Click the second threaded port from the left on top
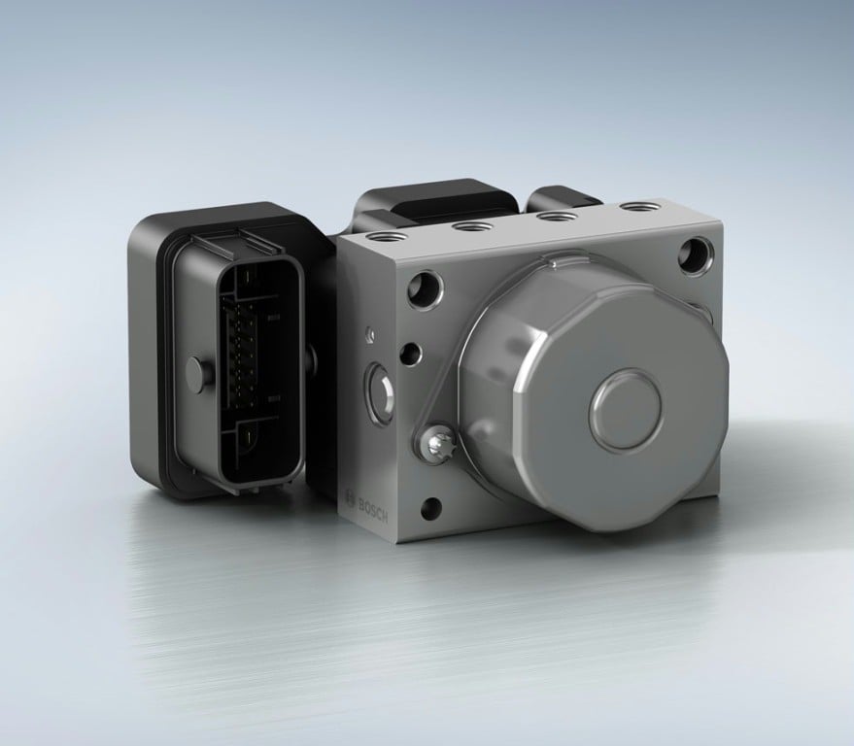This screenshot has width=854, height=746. click(473, 225)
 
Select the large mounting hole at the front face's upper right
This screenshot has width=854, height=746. click(697, 254)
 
